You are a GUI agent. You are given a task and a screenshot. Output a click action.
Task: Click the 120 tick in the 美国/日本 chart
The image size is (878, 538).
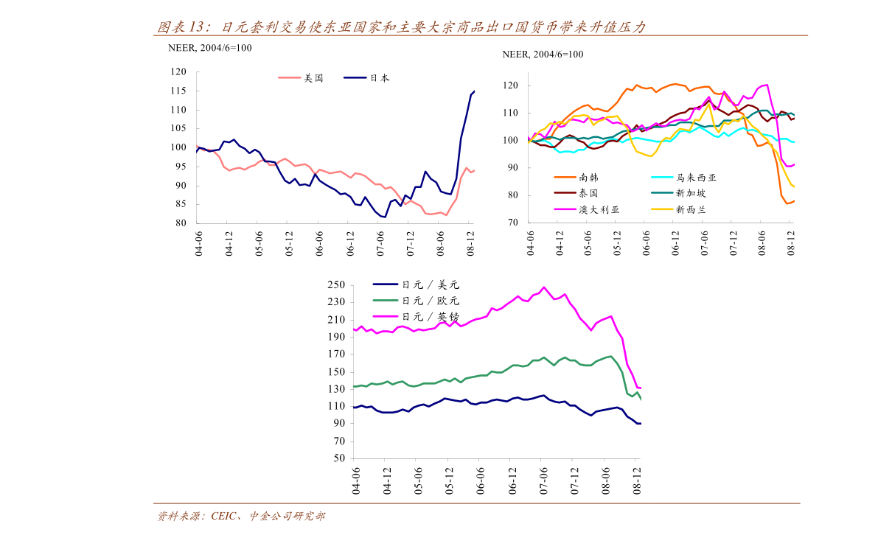point(178,72)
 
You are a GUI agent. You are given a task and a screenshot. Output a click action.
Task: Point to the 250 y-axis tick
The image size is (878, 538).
point(336,284)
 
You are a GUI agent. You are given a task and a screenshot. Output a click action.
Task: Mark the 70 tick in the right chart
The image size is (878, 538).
point(512,223)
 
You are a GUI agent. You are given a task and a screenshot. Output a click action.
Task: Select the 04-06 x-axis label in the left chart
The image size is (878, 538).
point(198,242)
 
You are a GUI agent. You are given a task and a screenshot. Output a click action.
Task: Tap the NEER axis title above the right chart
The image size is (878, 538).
point(543,54)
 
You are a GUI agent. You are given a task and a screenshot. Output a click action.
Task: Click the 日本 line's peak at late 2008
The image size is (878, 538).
point(474,91)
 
